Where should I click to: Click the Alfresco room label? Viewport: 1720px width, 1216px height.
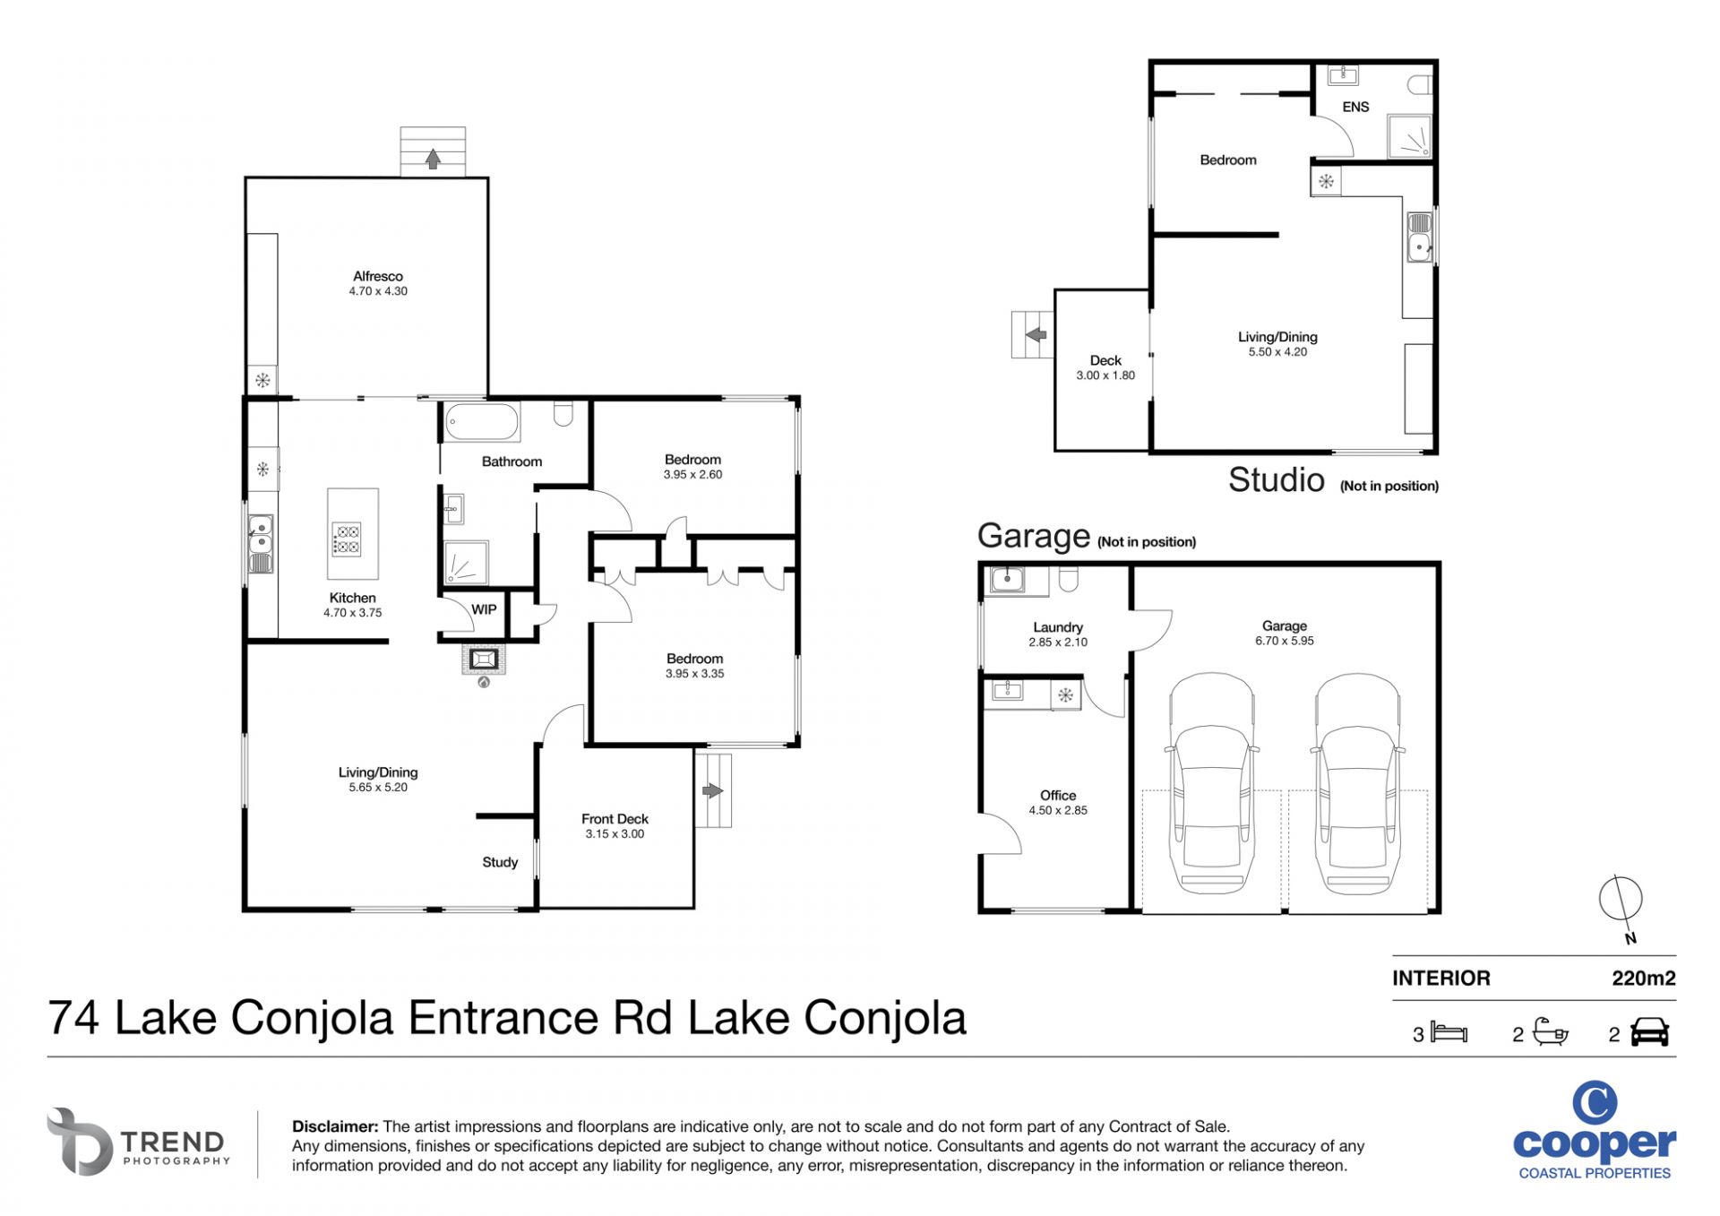point(377,276)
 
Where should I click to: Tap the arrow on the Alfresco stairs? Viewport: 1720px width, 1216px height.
point(433,159)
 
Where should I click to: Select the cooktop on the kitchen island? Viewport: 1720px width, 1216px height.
point(347,538)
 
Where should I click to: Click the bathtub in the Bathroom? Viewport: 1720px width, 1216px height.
point(482,422)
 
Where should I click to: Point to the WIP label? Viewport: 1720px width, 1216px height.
point(484,609)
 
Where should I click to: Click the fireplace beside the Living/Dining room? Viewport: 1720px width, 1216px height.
point(484,660)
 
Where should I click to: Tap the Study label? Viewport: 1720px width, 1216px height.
point(500,862)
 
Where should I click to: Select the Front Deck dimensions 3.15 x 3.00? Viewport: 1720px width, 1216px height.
point(615,833)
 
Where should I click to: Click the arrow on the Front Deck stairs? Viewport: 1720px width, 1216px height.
point(712,790)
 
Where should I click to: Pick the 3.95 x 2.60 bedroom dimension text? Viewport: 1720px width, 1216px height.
point(692,475)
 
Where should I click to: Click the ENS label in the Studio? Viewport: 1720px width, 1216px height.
point(1355,107)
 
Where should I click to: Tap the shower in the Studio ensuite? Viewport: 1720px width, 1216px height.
point(1409,137)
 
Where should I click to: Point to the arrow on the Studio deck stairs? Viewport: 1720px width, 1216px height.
point(1036,335)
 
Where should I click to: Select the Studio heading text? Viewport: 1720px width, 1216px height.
point(1276,480)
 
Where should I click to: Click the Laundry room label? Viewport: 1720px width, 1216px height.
point(1057,627)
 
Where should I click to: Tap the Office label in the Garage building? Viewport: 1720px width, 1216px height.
point(1058,795)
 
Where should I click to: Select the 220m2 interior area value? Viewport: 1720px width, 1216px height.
point(1643,979)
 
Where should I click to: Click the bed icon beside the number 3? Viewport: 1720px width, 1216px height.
point(1449,1032)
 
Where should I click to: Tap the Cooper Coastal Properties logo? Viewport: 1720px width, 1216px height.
point(1595,1131)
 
